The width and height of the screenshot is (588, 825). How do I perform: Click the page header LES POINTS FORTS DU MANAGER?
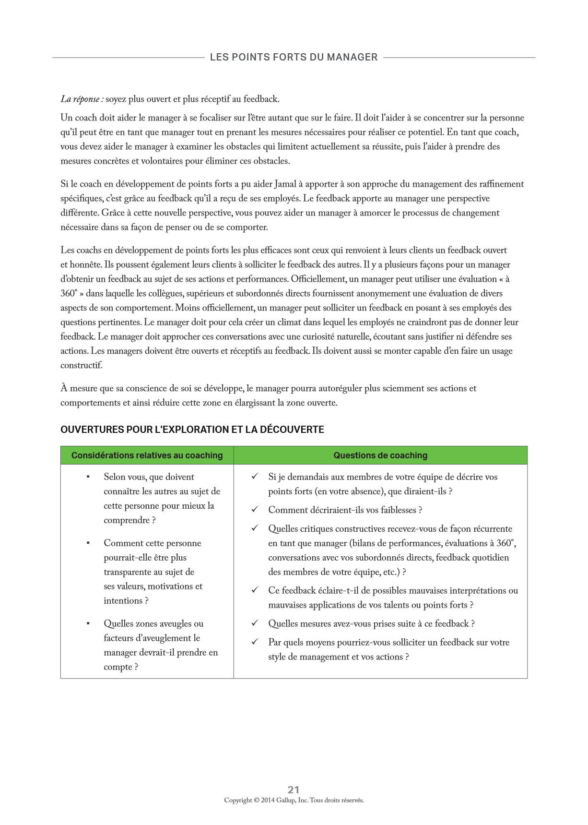click(294, 57)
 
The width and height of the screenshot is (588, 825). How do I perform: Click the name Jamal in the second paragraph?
click(285, 184)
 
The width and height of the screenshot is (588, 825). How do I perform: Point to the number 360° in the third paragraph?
click(69, 294)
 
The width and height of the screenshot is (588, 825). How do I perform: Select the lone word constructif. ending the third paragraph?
click(82, 366)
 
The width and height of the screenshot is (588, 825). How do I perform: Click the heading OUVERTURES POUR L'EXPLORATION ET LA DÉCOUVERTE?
click(192, 430)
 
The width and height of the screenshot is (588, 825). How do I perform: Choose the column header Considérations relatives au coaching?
click(147, 455)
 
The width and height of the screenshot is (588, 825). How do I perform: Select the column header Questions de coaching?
click(380, 455)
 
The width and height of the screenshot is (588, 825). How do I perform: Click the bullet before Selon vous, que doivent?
click(88, 477)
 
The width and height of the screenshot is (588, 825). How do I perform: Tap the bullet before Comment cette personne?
click(88, 543)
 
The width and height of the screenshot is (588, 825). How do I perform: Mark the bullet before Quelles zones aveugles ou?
click(88, 624)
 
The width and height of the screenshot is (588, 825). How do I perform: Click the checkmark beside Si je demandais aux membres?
click(255, 477)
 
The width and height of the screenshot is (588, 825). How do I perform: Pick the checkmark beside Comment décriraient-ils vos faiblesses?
click(255, 510)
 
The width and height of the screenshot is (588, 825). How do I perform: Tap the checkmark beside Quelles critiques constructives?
click(255, 528)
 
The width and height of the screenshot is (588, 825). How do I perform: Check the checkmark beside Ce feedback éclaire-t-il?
click(255, 590)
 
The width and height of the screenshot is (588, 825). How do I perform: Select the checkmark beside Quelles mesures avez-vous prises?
click(255, 623)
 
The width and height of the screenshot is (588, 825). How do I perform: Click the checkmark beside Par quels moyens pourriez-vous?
click(255, 642)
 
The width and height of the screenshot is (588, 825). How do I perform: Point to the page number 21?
click(294, 789)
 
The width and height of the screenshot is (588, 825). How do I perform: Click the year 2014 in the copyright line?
click(268, 801)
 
